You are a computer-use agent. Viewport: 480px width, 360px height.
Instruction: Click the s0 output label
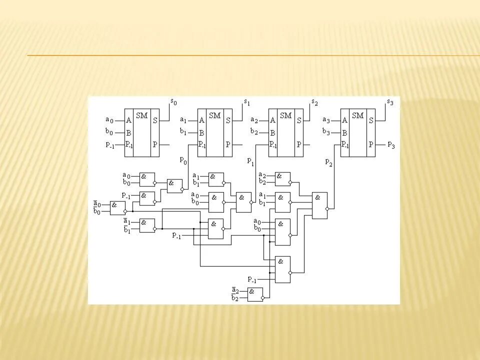(x=173, y=102)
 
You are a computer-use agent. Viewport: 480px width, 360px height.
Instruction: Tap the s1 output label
(x=246, y=102)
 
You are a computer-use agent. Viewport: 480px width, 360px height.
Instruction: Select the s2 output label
(x=314, y=102)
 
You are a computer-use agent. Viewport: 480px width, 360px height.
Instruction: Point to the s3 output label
(x=390, y=102)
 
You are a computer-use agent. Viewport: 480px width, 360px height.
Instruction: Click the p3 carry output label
(x=391, y=144)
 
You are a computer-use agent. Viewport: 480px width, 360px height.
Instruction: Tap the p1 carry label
(x=251, y=161)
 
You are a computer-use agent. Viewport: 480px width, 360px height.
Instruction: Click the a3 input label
(x=326, y=119)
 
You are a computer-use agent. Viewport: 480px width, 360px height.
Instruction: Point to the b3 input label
(x=326, y=132)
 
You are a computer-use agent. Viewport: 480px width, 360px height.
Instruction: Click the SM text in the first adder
(x=142, y=115)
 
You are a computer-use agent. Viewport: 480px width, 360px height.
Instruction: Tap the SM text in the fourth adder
(x=357, y=115)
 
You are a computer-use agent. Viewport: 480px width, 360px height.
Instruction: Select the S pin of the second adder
(x=228, y=120)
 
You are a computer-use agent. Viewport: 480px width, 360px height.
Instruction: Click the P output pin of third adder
(x=299, y=144)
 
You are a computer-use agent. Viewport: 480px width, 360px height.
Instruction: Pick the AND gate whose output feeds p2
(x=319, y=205)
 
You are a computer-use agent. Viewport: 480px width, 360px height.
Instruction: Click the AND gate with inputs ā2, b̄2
(x=255, y=294)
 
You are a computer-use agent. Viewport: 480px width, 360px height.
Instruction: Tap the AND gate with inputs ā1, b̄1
(x=147, y=225)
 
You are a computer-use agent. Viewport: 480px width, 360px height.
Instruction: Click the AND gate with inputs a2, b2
(x=282, y=179)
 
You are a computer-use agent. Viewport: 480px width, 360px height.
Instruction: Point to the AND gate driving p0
(x=174, y=185)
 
